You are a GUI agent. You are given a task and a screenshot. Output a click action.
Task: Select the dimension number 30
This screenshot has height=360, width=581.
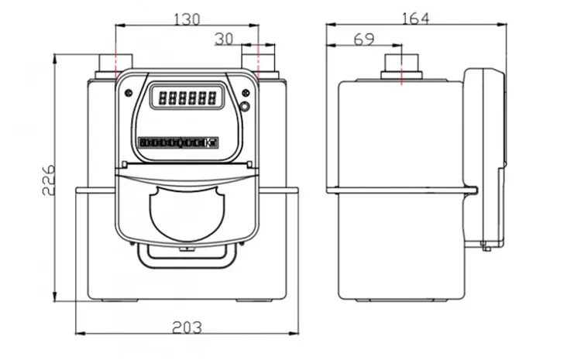(x=224, y=37)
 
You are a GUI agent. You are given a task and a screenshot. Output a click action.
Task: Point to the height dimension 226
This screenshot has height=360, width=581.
(x=47, y=180)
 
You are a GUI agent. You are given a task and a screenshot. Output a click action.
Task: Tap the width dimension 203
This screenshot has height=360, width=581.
(x=186, y=327)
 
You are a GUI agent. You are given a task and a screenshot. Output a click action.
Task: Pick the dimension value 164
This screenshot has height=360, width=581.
(x=414, y=16)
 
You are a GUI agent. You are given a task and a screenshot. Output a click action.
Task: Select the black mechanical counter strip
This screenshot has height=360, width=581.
(x=179, y=142)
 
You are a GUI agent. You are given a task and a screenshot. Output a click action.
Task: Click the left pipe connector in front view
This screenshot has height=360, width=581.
(x=115, y=63)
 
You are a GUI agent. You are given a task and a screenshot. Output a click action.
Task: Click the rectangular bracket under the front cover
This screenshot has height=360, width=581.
(x=185, y=252)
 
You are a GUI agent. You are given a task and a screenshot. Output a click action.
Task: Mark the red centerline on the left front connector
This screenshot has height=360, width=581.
(x=115, y=60)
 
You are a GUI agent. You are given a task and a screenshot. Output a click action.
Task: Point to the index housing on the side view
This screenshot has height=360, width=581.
(x=484, y=155)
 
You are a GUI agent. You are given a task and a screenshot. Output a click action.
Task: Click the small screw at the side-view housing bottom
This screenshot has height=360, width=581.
(x=484, y=248)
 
